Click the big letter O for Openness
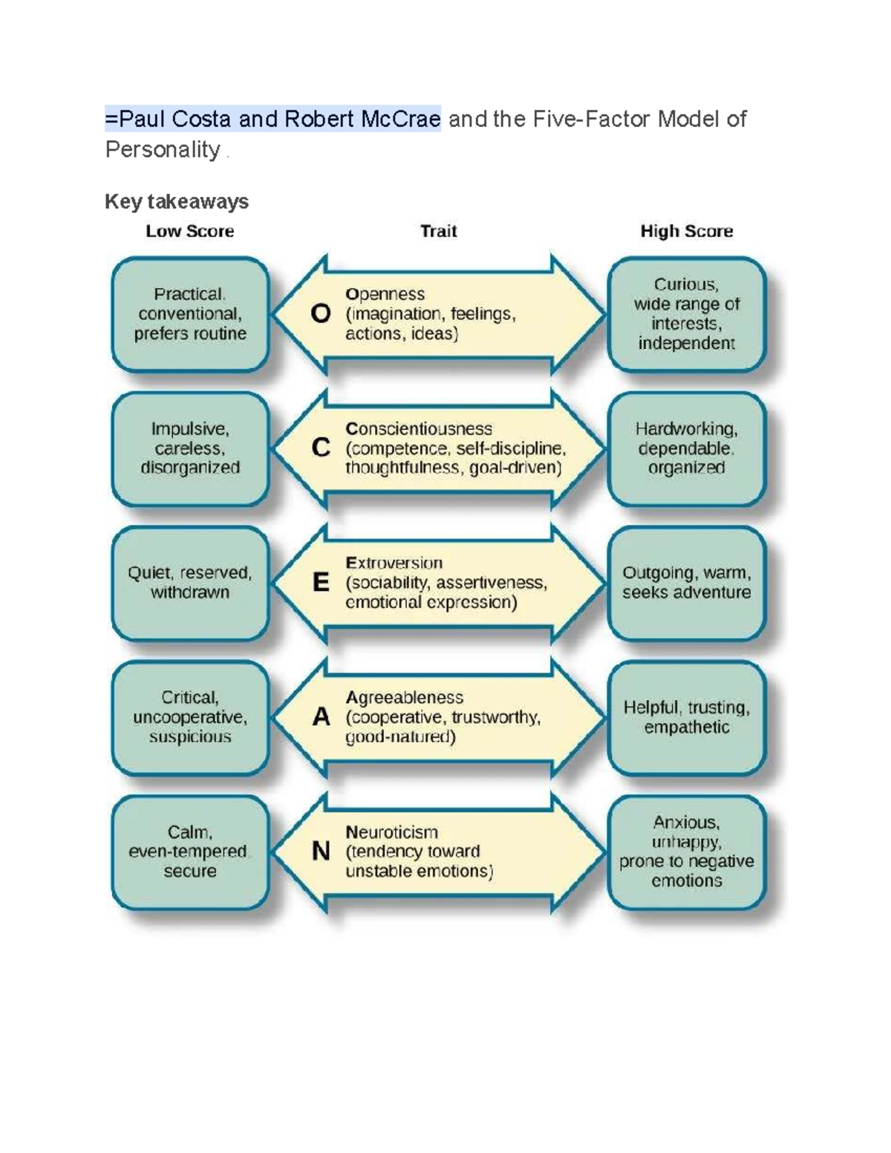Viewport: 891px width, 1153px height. click(x=321, y=314)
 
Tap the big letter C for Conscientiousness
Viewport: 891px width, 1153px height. click(x=321, y=448)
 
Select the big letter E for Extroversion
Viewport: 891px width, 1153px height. click(x=321, y=583)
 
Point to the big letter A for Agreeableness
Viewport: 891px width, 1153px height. click(x=321, y=717)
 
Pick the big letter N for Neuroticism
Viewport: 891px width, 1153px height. click(x=321, y=851)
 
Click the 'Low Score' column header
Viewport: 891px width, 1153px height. click(x=189, y=232)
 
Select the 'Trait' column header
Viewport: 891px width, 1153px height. click(x=438, y=232)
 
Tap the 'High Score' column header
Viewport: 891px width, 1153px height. click(x=686, y=232)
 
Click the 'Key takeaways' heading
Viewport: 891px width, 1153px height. click(x=176, y=201)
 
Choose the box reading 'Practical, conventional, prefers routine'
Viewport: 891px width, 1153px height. click(x=190, y=314)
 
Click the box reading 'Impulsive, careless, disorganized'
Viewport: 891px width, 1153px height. click(x=190, y=448)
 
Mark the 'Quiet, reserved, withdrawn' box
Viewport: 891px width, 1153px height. click(x=190, y=583)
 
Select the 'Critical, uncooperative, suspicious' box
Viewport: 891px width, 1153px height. click(x=190, y=717)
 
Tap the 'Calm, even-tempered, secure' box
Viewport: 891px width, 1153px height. click(x=190, y=852)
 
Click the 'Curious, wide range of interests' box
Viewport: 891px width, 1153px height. click(x=686, y=314)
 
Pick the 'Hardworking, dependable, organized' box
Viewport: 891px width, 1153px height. click(x=686, y=448)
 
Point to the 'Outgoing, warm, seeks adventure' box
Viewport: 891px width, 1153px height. click(x=686, y=583)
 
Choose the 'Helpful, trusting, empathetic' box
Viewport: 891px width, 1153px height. click(x=686, y=717)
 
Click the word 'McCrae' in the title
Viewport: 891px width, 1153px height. click(x=401, y=119)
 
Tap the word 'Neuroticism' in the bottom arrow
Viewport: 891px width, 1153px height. click(x=391, y=832)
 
